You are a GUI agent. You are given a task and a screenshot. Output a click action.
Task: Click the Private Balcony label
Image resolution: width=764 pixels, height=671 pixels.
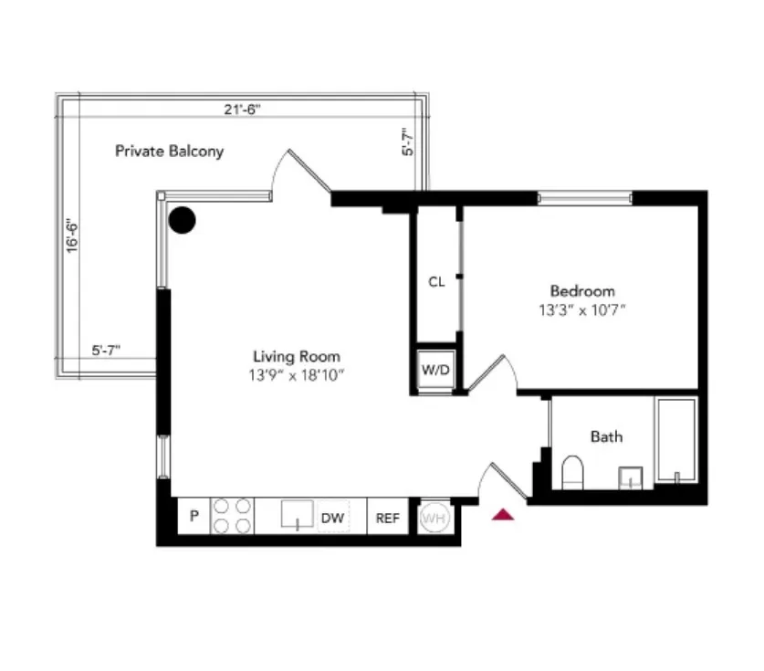tap(169, 151)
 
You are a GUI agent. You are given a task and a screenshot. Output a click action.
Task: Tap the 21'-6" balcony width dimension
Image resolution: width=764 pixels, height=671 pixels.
tap(241, 110)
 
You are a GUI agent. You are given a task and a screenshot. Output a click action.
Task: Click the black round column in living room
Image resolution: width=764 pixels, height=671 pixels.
tap(183, 219)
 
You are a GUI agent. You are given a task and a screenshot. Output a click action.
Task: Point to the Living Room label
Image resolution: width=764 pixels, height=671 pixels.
tap(297, 357)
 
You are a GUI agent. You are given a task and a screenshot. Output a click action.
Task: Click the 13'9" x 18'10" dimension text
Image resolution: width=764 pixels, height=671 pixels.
tap(297, 374)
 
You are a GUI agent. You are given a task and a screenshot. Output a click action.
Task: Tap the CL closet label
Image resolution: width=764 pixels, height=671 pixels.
tap(436, 282)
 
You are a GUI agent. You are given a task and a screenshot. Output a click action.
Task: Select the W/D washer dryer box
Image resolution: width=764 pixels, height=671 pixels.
tap(434, 371)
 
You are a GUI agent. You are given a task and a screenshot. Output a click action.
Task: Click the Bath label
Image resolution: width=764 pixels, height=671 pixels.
tap(606, 436)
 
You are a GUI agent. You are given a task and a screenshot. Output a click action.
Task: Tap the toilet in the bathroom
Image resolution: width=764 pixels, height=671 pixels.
tap(573, 472)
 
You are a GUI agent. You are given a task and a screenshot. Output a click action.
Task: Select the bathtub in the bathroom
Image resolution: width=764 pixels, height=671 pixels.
tap(675, 440)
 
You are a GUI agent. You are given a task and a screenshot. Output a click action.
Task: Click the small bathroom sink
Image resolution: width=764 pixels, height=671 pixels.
tap(631, 477)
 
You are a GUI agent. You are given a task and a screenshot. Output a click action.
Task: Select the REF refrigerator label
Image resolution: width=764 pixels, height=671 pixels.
tap(388, 518)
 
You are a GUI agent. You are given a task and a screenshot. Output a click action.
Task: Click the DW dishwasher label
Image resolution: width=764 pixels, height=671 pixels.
tap(332, 518)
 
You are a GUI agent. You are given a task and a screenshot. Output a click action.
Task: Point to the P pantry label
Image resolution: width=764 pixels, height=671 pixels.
tap(194, 517)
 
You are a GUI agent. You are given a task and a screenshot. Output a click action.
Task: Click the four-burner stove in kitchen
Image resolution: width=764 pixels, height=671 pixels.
tap(232, 516)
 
